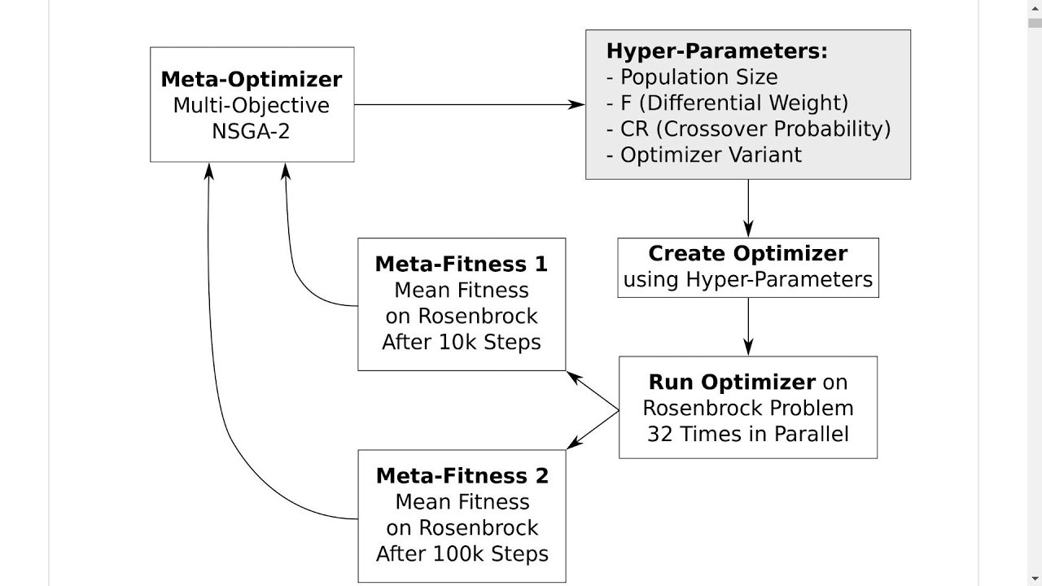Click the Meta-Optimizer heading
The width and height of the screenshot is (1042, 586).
click(252, 80)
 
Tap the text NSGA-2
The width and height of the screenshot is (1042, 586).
click(251, 131)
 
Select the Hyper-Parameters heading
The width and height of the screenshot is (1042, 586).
click(716, 51)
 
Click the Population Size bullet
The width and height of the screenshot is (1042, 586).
click(692, 77)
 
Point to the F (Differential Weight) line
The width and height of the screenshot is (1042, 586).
click(727, 103)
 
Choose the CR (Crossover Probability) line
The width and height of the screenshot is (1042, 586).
click(748, 129)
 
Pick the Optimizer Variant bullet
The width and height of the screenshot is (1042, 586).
click(704, 155)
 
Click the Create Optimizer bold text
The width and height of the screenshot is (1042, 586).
click(747, 253)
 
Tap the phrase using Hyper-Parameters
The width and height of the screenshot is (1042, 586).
click(747, 280)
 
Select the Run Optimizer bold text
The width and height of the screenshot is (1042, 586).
click(731, 382)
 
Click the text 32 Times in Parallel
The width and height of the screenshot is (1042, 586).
click(747, 434)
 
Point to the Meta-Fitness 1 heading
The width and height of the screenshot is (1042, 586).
click(462, 265)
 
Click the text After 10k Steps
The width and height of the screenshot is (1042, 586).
click(462, 342)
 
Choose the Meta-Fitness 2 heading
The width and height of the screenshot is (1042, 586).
click(462, 476)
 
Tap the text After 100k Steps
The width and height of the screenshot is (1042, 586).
click(462, 554)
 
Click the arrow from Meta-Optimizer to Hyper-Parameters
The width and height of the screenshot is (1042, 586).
click(468, 104)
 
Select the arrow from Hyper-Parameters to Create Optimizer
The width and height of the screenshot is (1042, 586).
click(748, 208)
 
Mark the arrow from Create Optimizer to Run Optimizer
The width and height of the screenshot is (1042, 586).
click(748, 326)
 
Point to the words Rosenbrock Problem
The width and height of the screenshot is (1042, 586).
click(747, 408)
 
